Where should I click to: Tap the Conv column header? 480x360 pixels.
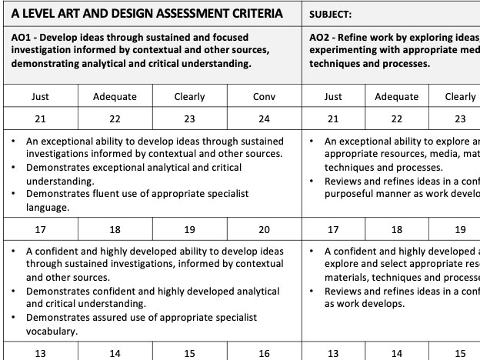tap(264, 96)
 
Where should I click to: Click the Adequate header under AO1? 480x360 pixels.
tap(115, 96)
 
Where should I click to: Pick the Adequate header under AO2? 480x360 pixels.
tap(397, 96)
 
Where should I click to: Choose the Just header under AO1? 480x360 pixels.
tap(40, 96)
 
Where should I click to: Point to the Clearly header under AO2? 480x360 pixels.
tap(460, 96)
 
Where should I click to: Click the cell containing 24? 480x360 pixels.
tap(264, 119)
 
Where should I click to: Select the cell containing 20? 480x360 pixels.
tap(264, 228)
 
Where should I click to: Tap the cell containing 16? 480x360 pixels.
tap(264, 353)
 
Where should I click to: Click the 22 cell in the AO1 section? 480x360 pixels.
tap(115, 119)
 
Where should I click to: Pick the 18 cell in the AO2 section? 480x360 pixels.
tap(397, 228)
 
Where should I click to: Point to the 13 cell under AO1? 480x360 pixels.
tap(40, 353)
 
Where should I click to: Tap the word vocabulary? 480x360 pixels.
tap(52, 331)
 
